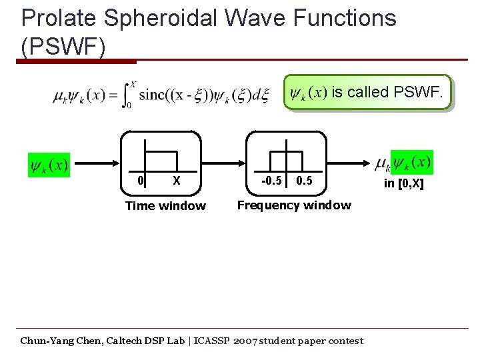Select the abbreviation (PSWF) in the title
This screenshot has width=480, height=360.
click(63, 47)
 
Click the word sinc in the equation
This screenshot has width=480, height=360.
click(154, 95)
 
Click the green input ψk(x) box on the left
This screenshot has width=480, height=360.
click(49, 164)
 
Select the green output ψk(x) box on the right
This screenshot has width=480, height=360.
click(412, 162)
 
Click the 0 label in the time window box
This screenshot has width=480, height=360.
click(140, 181)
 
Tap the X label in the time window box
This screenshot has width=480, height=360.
click(176, 181)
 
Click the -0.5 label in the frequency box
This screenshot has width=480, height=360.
click(271, 181)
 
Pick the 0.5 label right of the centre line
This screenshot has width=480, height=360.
click(303, 181)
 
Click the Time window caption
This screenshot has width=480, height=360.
click(165, 206)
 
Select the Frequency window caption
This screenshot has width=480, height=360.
click(294, 205)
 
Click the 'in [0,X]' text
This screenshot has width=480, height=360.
click(403, 183)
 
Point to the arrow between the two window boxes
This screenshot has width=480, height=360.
click(223, 163)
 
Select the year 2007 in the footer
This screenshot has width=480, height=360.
click(245, 341)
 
